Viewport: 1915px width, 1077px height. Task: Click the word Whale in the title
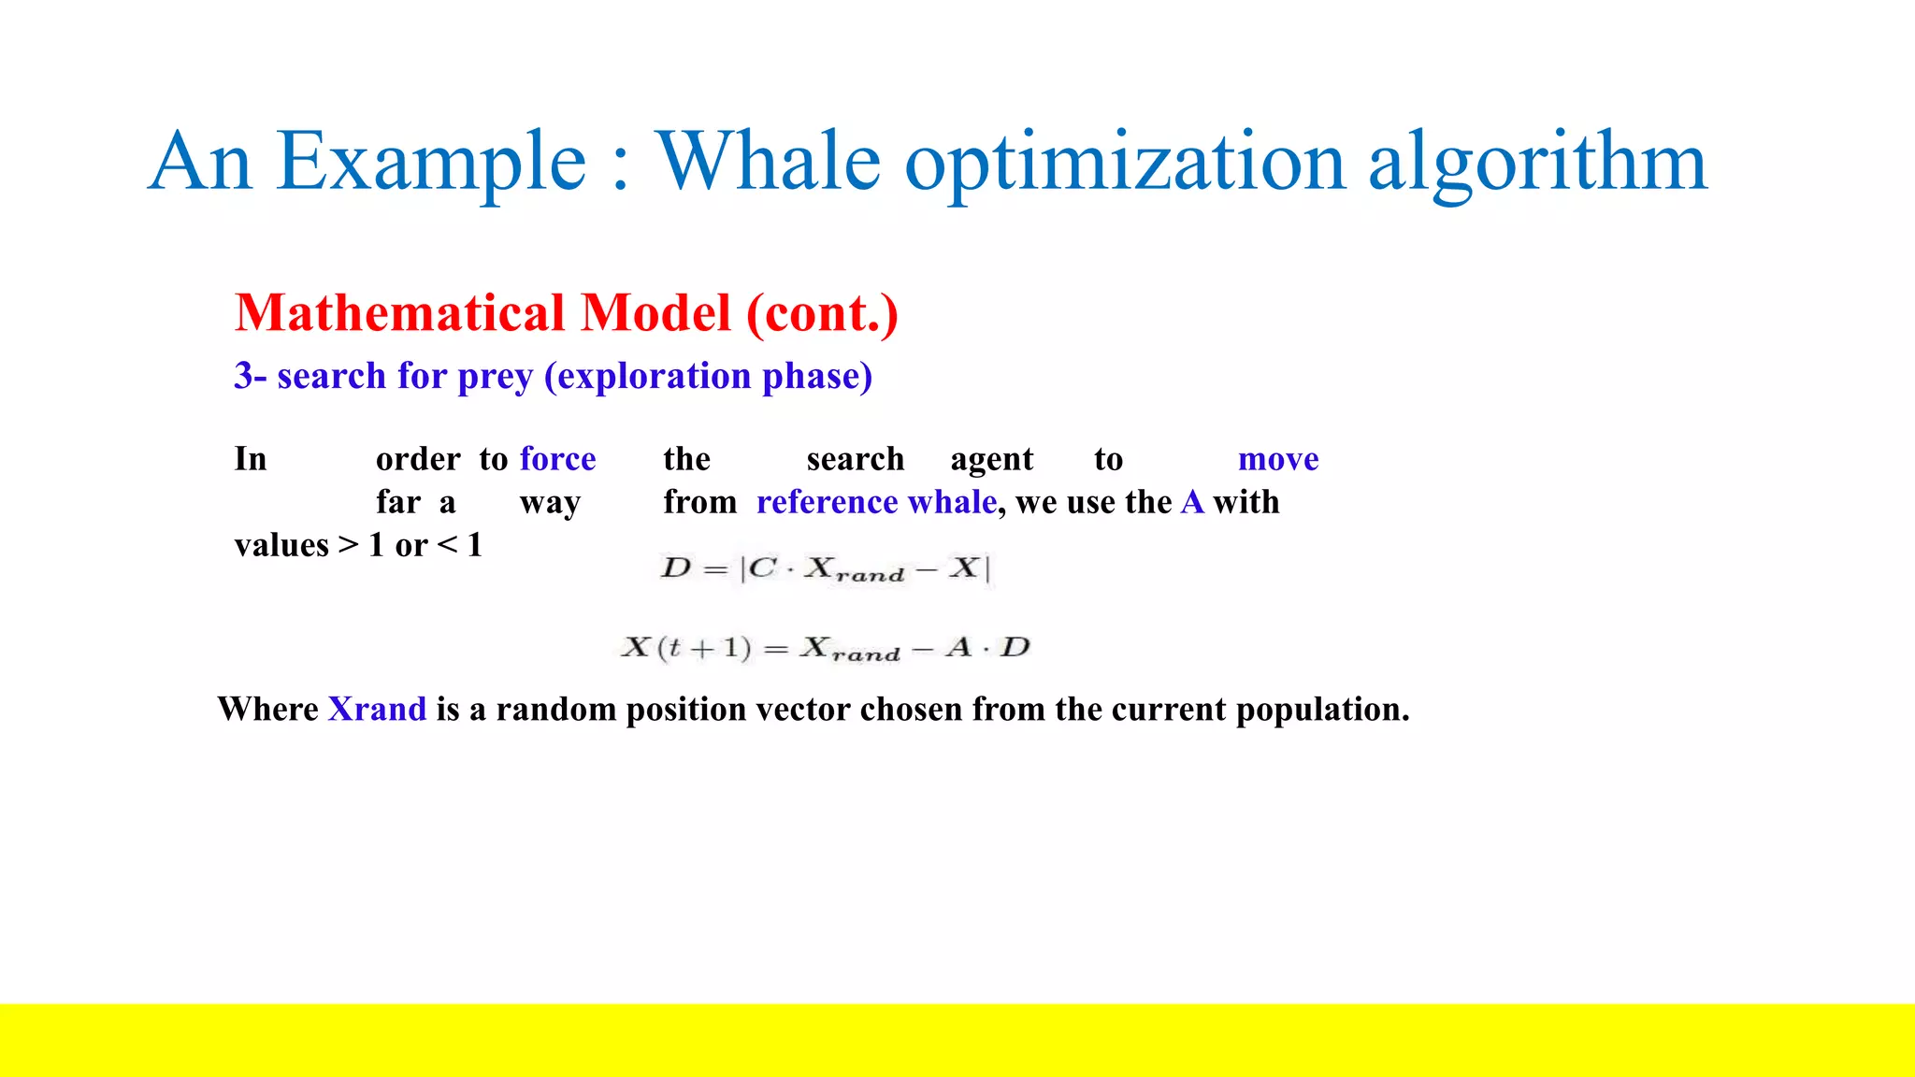pos(767,161)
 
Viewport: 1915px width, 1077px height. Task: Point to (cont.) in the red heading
pos(822,313)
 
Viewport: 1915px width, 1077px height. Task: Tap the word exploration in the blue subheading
pos(654,377)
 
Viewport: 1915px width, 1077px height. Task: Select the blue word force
pos(557,459)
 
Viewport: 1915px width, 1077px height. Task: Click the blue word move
pos(1277,459)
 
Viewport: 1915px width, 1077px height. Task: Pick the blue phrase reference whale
pos(876,502)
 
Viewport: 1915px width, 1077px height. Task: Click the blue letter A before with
pos(1192,502)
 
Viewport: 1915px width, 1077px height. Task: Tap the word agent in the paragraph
pos(991,459)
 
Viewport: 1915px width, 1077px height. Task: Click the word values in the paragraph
pos(281,545)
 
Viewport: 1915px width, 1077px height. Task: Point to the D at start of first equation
pos(675,567)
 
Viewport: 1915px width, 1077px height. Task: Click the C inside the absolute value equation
pos(762,567)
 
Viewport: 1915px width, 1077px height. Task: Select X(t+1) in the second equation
pos(686,647)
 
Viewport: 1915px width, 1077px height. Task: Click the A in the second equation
pos(958,647)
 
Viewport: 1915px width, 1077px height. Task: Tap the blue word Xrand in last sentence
pos(377,709)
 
